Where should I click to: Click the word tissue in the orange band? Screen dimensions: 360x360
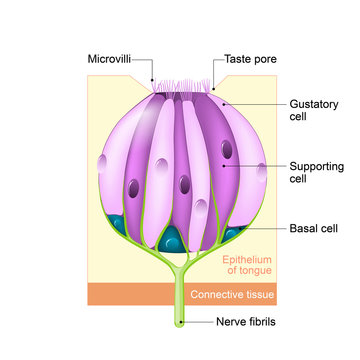[x=258, y=295]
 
